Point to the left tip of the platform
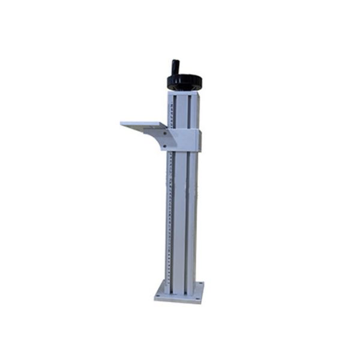tap(122, 124)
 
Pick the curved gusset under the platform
tap(160, 139)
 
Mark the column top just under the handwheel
tap(182, 91)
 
